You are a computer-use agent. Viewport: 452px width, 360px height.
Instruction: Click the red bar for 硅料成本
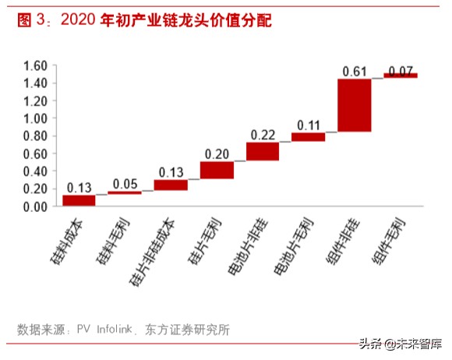[79, 200]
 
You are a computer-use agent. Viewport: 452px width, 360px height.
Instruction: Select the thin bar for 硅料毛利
[125, 192]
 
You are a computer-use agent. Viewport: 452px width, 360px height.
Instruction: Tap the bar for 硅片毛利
[217, 170]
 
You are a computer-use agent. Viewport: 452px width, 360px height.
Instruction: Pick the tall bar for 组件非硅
[355, 105]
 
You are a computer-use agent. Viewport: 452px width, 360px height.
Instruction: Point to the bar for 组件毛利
[401, 76]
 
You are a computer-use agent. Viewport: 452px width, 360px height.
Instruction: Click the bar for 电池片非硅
[263, 151]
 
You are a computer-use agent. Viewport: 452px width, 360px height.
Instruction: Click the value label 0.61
[355, 72]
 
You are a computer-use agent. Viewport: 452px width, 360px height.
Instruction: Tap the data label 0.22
[263, 135]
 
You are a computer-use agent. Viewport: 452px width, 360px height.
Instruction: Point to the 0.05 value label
[125, 184]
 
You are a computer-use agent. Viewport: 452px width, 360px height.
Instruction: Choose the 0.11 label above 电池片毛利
[309, 125]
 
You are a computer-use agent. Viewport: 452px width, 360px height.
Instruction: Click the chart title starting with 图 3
[144, 20]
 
